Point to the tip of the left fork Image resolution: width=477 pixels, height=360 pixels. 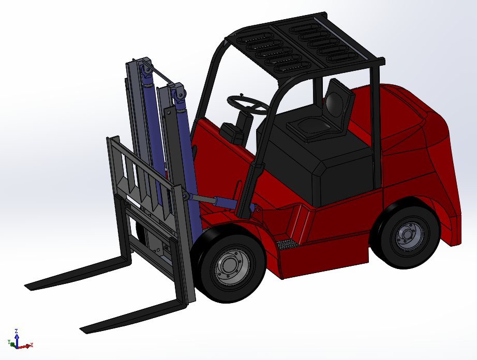pos(27,286)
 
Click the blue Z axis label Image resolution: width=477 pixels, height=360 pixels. pos(17,331)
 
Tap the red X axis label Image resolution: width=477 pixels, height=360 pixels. pos(32,345)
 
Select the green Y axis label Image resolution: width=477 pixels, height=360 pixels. pos(9,342)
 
